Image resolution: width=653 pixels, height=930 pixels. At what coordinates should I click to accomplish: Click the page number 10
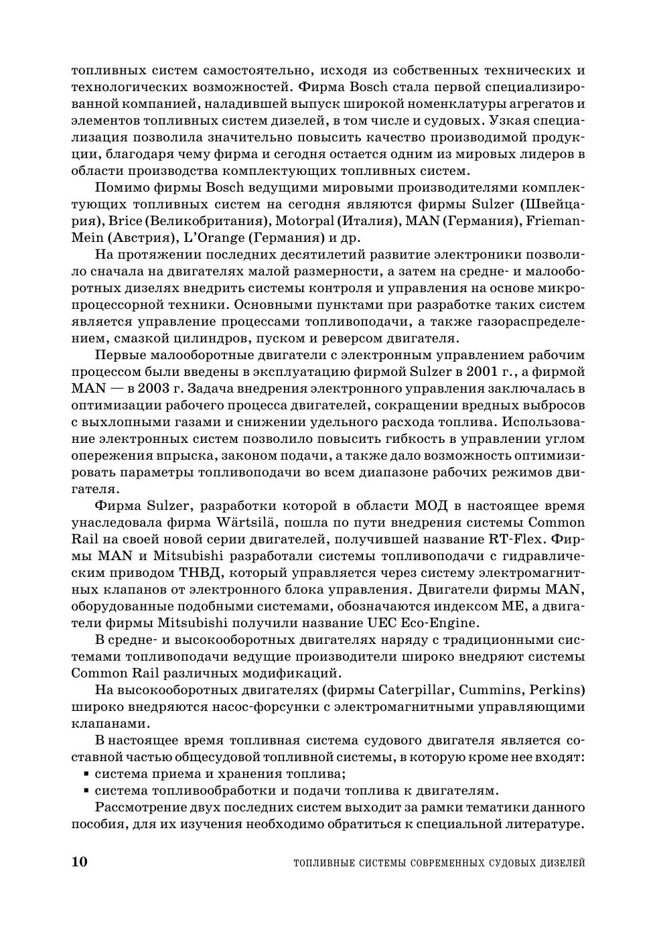(79, 862)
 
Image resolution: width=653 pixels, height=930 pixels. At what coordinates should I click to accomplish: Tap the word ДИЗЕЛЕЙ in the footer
(562, 863)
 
